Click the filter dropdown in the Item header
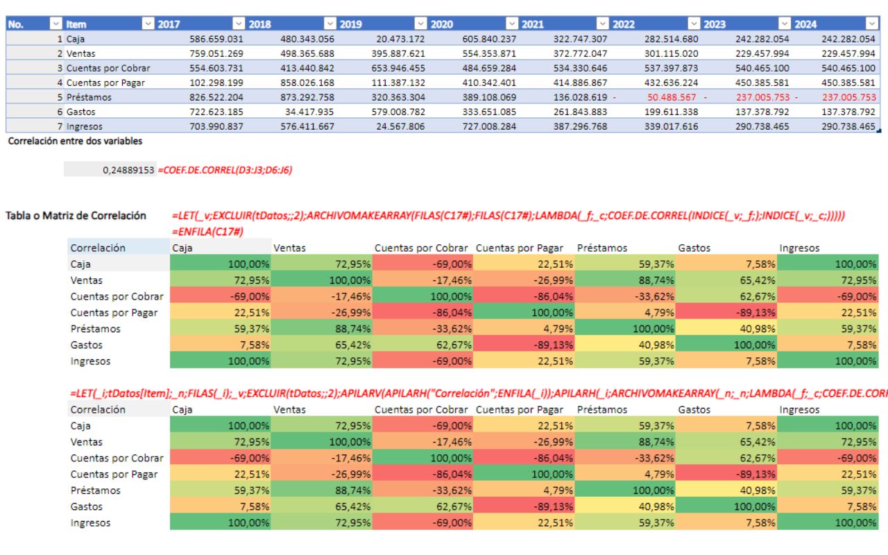pos(148,24)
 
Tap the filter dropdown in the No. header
pos(56,24)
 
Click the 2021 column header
pos(533,24)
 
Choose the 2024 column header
pos(805,24)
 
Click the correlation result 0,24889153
pos(129,170)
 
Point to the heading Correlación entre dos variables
pos(74,142)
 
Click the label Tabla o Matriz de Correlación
pos(76,216)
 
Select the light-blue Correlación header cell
pos(118,248)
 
